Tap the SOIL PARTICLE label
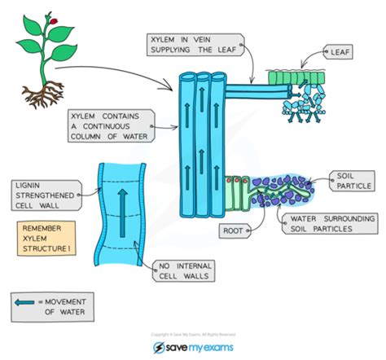(x=351, y=180)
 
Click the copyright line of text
(x=192, y=334)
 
